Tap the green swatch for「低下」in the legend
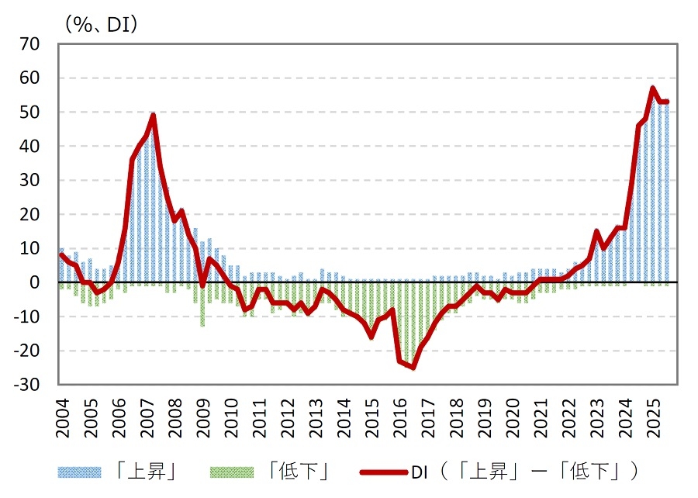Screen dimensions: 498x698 232,471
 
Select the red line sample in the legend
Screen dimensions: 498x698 384,471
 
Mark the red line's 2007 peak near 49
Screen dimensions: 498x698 154,116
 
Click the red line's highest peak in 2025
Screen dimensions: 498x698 653,88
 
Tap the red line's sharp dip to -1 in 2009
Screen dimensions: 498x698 202,285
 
